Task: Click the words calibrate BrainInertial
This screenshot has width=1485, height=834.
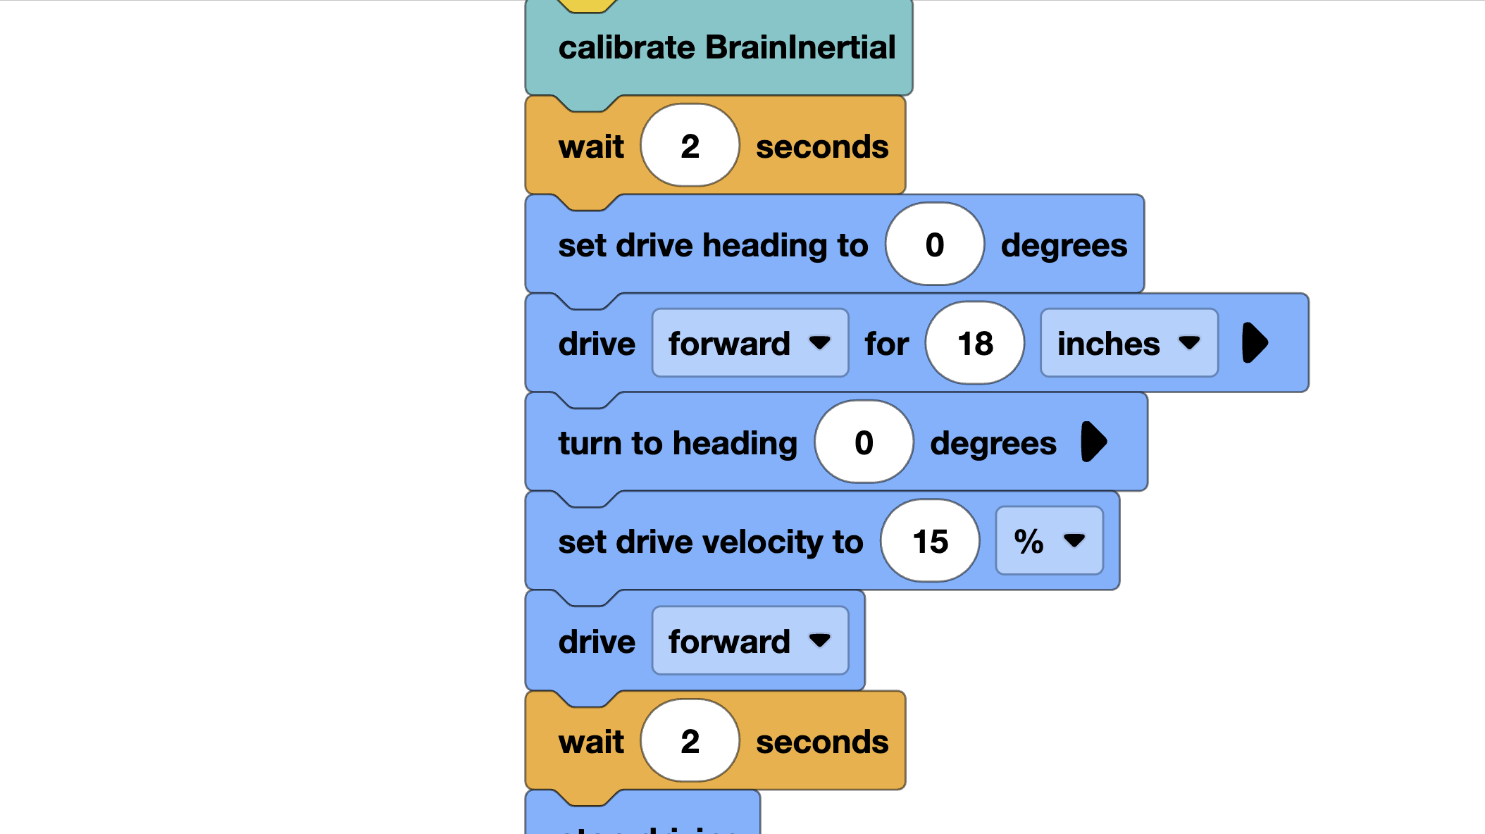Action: (x=726, y=48)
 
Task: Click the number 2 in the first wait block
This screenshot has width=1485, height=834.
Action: (x=690, y=146)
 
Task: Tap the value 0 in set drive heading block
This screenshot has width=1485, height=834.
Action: (x=934, y=244)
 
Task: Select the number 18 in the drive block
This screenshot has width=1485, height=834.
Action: (x=975, y=344)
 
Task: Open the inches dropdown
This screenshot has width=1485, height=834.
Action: (x=1129, y=344)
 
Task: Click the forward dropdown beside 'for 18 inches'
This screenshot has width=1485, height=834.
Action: (x=750, y=344)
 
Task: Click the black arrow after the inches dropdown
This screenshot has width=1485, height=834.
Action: (x=1255, y=343)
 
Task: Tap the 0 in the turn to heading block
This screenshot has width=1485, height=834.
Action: (x=864, y=442)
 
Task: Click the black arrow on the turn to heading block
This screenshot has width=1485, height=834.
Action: (x=1094, y=442)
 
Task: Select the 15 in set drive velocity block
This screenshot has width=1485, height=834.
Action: (x=930, y=542)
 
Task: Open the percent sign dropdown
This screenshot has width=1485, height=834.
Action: (x=1049, y=541)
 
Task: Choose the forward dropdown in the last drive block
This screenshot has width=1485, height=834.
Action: (x=750, y=641)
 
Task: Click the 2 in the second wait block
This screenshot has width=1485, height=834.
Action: (x=690, y=741)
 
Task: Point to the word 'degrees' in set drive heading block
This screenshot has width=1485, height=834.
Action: (x=1064, y=245)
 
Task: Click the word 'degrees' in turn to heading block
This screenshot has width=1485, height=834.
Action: (x=993, y=443)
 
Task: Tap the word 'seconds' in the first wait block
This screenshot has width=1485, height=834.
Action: (x=822, y=147)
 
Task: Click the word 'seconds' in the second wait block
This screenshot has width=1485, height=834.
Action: (x=822, y=742)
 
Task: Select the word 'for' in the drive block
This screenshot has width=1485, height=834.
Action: (x=887, y=344)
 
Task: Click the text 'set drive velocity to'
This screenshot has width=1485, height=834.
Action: (x=710, y=542)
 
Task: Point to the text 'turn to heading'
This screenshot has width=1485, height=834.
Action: (x=678, y=443)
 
